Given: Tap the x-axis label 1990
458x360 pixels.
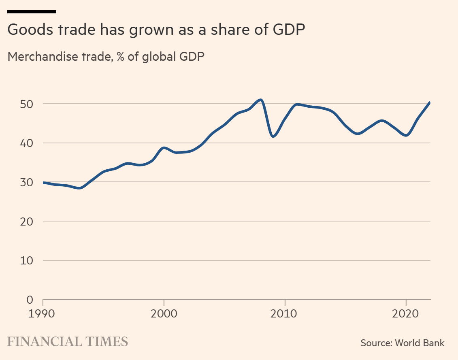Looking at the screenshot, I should tap(43, 314).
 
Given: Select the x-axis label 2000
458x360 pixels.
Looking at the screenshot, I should tap(164, 314).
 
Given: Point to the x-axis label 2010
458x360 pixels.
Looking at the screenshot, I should tap(285, 314).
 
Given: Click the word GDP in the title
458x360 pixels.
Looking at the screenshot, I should tap(286, 30).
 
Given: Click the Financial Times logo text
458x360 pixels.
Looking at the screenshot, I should tap(68, 341).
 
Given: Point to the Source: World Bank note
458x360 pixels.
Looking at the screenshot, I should tap(403, 343).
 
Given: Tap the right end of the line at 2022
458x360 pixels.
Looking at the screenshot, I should tap(429, 102).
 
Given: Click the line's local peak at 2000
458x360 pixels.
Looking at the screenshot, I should tap(164, 148).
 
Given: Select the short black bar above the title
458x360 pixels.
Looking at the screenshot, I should tap(32, 11).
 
